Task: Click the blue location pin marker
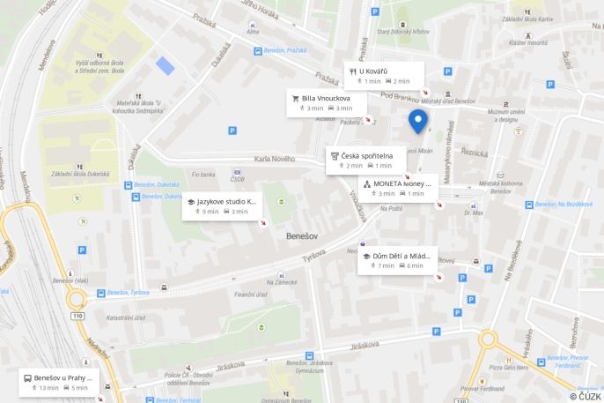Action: tap(418, 121)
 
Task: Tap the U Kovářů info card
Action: tap(383, 76)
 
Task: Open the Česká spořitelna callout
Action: tap(366, 160)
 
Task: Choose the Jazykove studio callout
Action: tap(222, 206)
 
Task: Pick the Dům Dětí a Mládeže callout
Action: tap(397, 260)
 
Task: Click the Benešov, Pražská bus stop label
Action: tap(285, 51)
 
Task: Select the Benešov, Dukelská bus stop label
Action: tap(159, 185)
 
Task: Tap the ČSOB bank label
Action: tap(238, 180)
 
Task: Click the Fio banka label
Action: tap(203, 175)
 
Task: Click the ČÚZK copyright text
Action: tap(584, 396)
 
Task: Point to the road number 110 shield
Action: tap(78, 315)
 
